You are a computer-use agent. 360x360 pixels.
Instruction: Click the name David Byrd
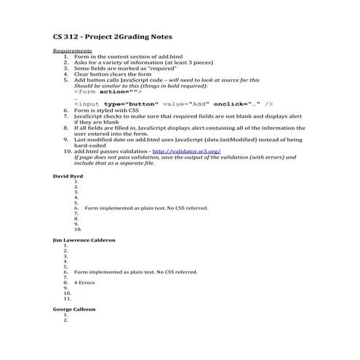pos(68,176)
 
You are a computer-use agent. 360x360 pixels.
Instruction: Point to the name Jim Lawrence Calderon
pos(84,239)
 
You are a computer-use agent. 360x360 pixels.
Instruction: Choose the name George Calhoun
pos(74,309)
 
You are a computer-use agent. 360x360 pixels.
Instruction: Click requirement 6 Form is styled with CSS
pos(105,110)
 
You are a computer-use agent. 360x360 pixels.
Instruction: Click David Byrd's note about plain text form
pos(146,208)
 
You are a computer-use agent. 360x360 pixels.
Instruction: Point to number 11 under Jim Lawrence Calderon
pos(66,298)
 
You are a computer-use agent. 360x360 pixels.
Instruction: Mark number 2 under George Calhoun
pos(65,320)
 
